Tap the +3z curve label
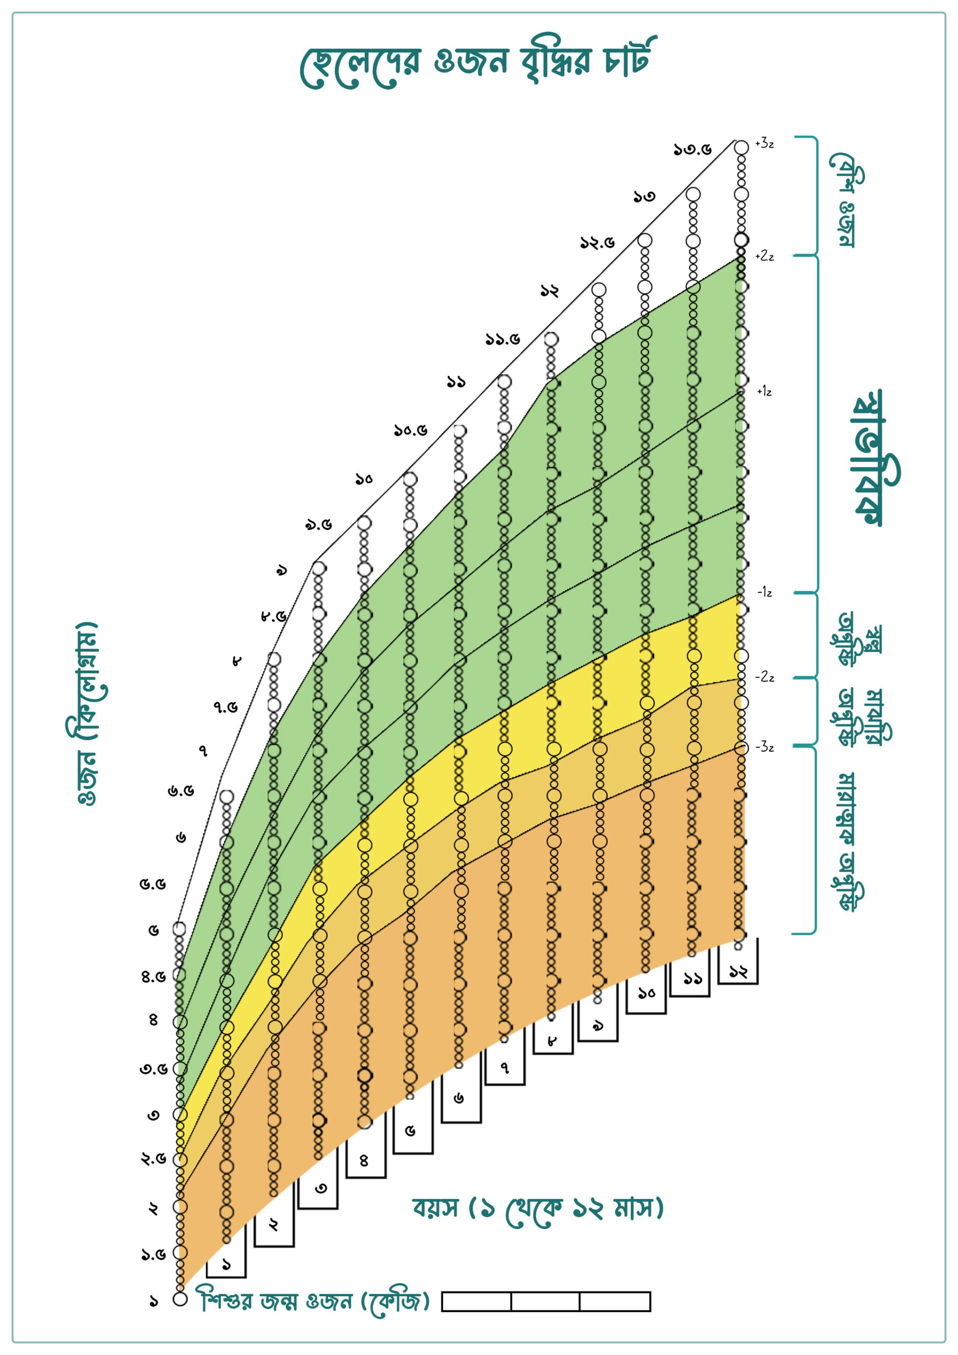point(764,143)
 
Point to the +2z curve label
point(764,256)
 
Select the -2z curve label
point(765,677)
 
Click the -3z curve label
point(765,747)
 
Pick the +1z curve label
point(764,391)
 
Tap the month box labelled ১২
point(738,970)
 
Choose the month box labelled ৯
point(598,1026)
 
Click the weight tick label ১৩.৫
point(692,149)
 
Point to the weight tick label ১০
point(364,478)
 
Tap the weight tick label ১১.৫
point(502,339)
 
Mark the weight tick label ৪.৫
point(153,977)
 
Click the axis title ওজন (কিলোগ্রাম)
point(87,713)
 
